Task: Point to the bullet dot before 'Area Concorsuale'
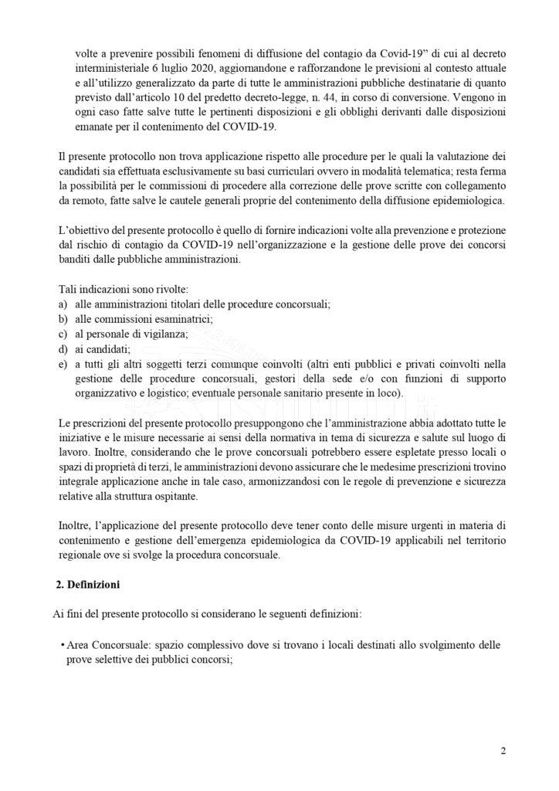pyautogui.click(x=61, y=645)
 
